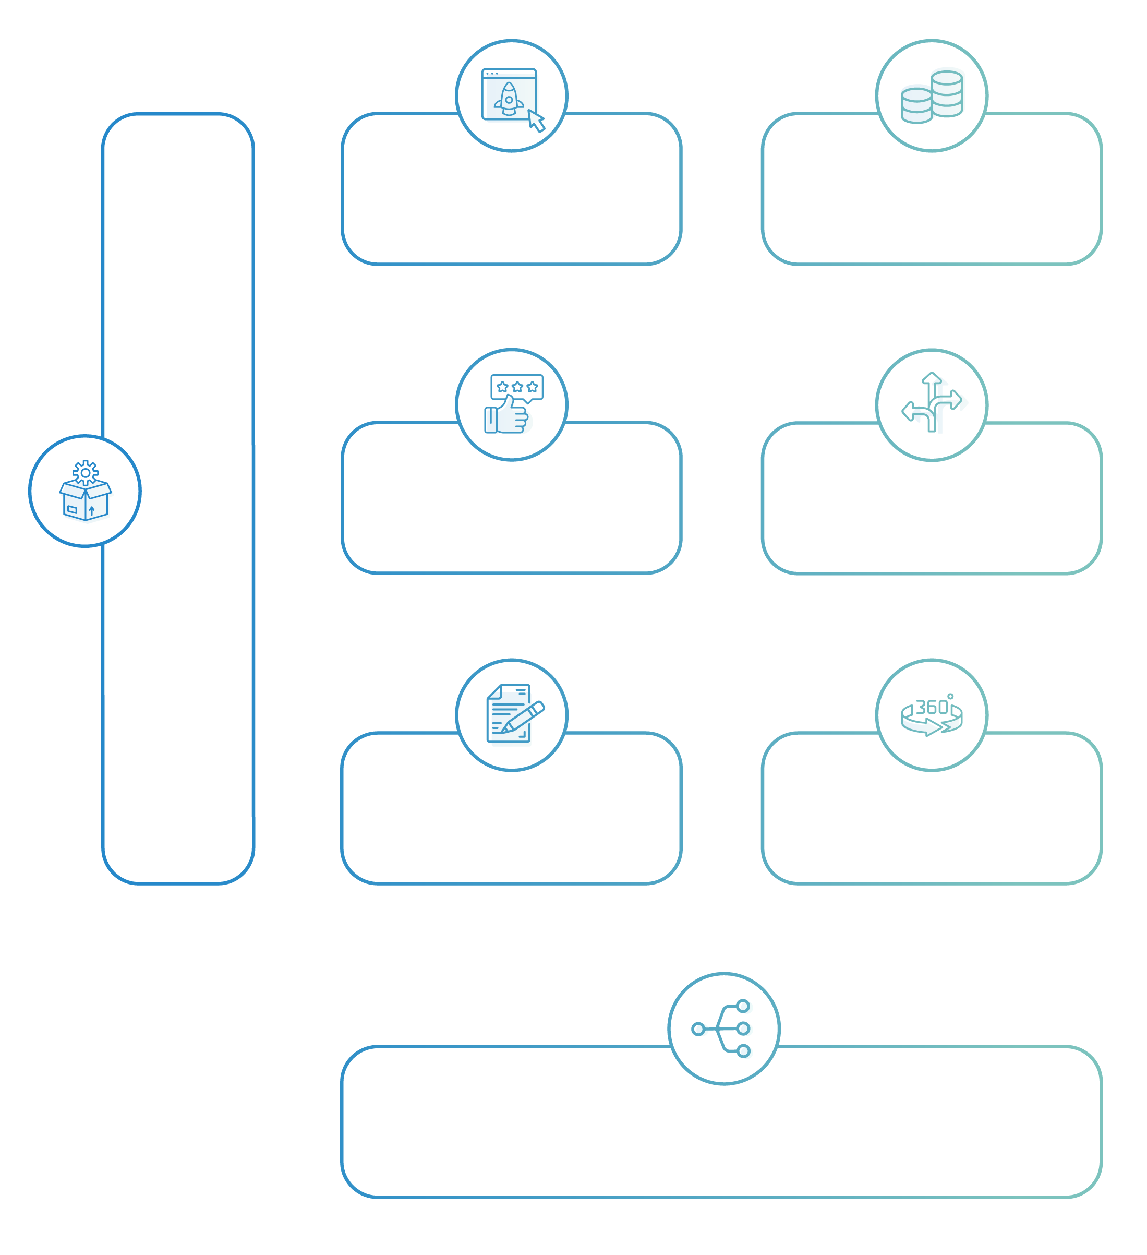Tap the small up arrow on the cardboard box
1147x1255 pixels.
91,511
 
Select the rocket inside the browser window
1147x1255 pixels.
509,99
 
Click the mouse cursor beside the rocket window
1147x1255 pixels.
536,121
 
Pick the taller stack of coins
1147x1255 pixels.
947,94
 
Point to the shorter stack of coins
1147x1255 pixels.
917,106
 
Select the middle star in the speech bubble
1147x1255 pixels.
517,387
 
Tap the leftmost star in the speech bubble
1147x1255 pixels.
502,387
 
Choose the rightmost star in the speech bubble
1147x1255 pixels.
532,387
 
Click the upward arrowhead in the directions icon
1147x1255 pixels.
932,377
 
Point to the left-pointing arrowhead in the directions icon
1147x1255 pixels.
908,411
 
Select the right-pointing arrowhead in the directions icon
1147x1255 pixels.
957,400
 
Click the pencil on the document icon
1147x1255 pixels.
523,717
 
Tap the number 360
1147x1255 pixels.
932,707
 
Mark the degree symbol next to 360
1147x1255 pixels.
950,696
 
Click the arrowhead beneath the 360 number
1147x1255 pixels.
934,727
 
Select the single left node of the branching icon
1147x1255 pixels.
698,1029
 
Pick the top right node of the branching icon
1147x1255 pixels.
743,1006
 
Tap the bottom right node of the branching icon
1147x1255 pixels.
743,1051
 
